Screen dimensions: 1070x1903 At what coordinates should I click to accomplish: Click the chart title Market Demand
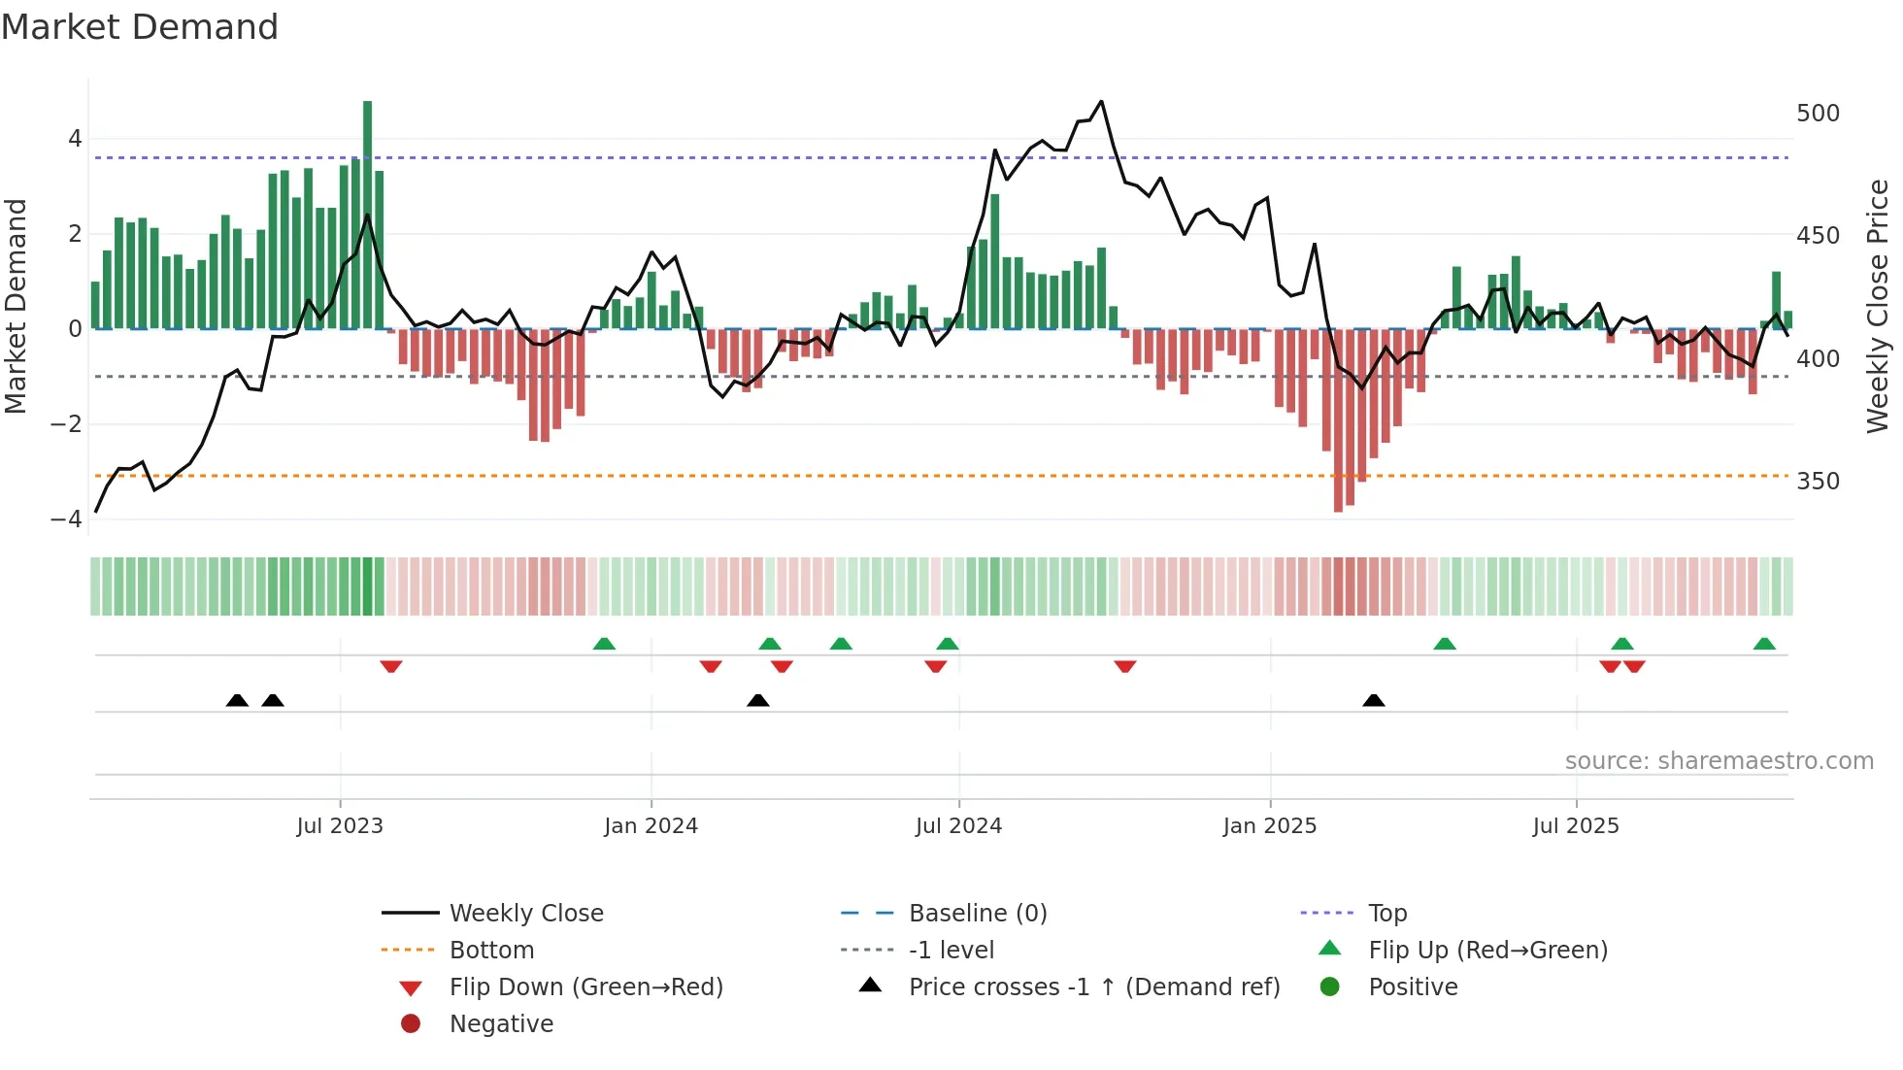click(x=140, y=27)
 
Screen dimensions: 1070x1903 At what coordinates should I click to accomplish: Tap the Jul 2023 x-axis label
click(x=340, y=826)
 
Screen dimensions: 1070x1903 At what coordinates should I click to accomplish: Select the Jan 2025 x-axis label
click(x=1269, y=826)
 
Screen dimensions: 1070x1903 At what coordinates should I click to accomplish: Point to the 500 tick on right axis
click(x=1818, y=114)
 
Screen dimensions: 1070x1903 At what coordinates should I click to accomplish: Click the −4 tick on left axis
click(x=67, y=518)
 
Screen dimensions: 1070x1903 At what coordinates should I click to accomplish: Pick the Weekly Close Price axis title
click(x=1878, y=306)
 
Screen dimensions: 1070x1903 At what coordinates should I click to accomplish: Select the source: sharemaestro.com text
click(x=1719, y=761)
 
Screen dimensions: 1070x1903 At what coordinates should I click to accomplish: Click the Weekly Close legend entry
click(x=525, y=914)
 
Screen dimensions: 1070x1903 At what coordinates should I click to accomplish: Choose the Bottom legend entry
click(x=491, y=951)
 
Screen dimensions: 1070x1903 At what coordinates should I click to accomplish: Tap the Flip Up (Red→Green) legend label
click(x=1487, y=951)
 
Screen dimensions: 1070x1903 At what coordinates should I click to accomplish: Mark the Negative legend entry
click(x=501, y=1024)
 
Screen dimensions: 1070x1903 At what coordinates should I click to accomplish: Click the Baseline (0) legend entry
click(x=977, y=914)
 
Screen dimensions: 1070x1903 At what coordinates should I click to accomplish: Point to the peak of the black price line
click(x=1100, y=101)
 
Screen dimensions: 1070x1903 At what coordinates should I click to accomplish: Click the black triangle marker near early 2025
click(x=1373, y=700)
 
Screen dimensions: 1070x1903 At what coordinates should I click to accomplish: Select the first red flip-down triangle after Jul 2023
click(x=391, y=666)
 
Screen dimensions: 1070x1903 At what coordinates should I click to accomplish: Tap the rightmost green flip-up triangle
click(x=1764, y=644)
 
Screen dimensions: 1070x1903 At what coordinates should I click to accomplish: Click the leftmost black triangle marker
click(x=237, y=700)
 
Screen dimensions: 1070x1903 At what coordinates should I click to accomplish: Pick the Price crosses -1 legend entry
click(x=1093, y=987)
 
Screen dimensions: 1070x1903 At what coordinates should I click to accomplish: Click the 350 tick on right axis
click(x=1818, y=482)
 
